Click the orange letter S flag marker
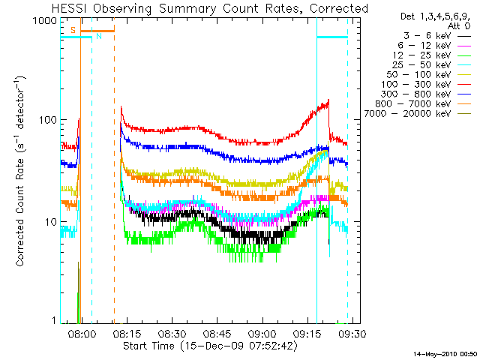(73, 29)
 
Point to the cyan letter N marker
(98, 36)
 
